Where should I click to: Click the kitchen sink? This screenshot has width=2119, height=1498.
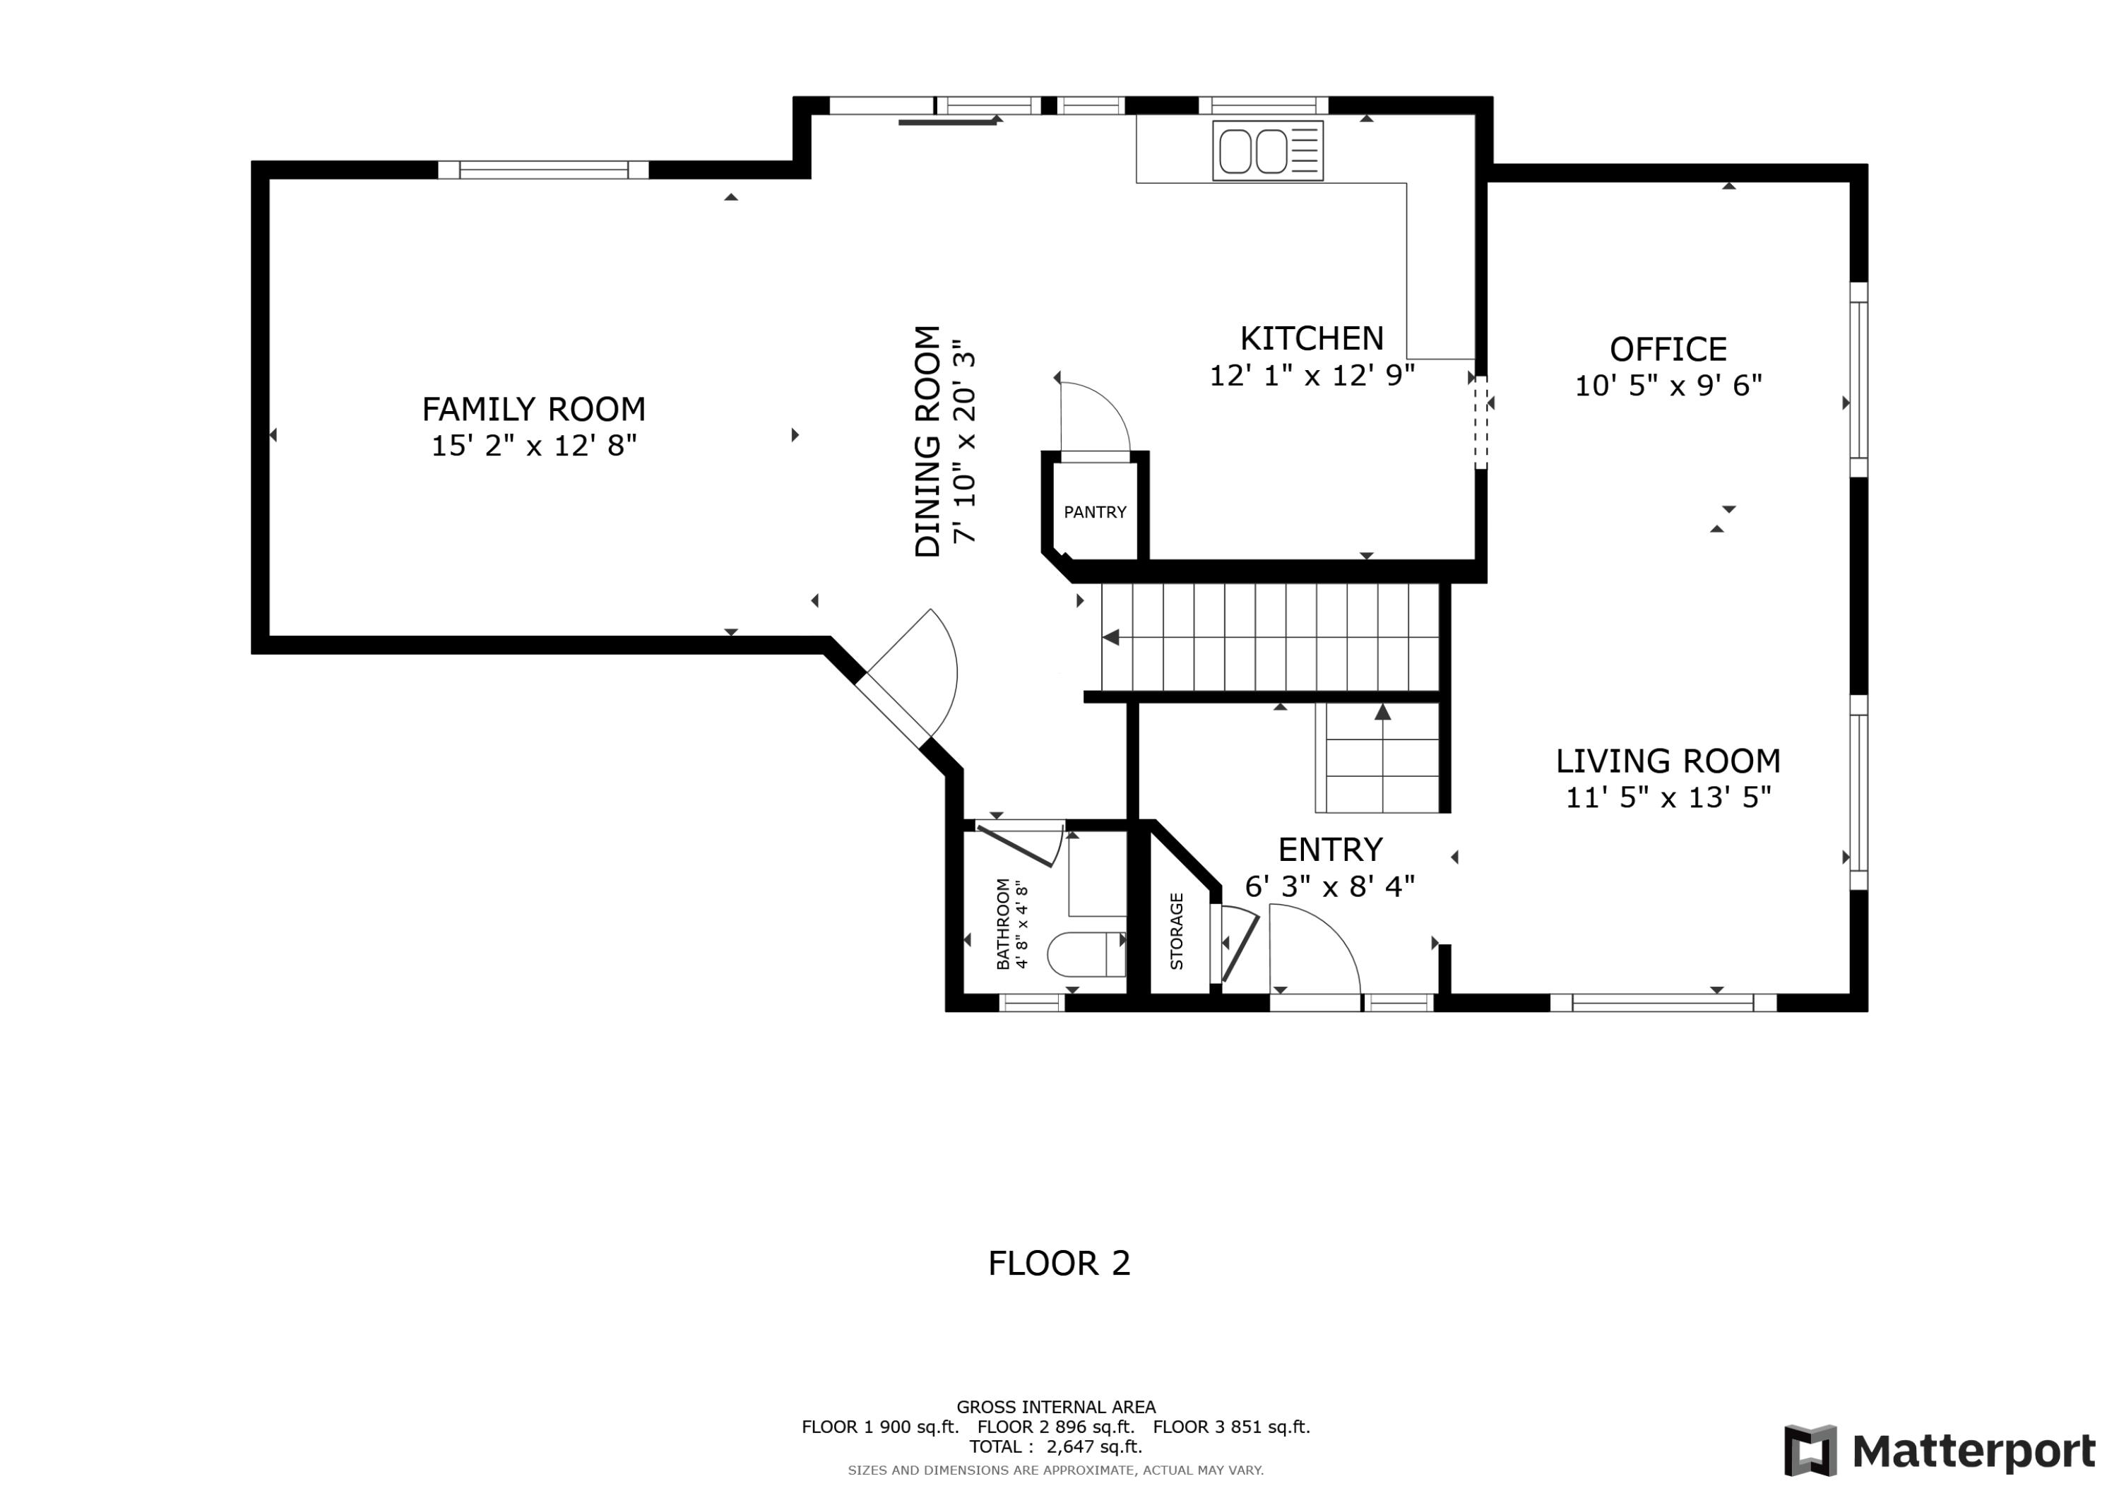tap(1267, 150)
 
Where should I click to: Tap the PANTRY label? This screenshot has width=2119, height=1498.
tap(1095, 512)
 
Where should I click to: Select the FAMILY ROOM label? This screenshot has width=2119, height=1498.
tap(533, 409)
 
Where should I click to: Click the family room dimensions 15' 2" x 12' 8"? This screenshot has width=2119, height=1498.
tap(535, 446)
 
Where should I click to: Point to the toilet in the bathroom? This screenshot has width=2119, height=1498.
tap(1086, 954)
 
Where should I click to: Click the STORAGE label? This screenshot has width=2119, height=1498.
tap(1177, 932)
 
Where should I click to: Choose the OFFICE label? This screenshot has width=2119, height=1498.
tap(1668, 349)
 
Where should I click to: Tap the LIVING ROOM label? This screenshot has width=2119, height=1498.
tap(1668, 761)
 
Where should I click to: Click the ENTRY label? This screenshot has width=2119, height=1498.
tap(1330, 849)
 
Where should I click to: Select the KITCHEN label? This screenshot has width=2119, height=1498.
tap(1312, 339)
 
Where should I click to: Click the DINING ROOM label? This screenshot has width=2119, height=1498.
tap(927, 441)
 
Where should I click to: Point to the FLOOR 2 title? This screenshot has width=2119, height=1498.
tap(1059, 1263)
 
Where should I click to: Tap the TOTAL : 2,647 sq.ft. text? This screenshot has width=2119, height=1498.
tap(1056, 1446)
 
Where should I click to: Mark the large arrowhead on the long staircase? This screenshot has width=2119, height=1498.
tap(1110, 637)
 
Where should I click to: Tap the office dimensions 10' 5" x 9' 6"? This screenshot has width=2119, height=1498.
tap(1668, 386)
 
